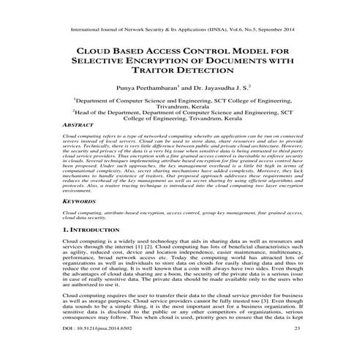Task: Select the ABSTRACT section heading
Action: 80,126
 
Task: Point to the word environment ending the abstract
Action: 80,189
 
